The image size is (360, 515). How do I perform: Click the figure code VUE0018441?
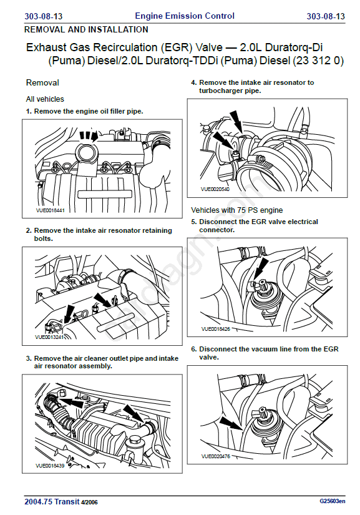point(50,210)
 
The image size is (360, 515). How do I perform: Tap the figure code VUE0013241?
point(49,337)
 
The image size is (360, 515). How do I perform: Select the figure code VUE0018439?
point(50,466)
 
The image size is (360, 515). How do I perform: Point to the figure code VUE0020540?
point(215,189)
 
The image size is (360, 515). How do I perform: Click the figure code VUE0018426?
point(216,328)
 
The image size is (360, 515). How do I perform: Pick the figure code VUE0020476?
point(216,456)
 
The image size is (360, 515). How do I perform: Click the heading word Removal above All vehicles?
point(42,82)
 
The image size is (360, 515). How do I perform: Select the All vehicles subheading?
point(45,99)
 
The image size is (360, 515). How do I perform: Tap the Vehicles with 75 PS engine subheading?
point(237,210)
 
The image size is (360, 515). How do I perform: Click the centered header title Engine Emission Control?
point(185,16)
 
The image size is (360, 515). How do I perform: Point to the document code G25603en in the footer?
point(333,501)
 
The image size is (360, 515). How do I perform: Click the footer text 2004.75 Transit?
point(52,501)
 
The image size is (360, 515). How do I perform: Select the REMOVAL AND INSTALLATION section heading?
point(86,29)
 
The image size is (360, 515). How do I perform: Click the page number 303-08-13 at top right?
point(326,16)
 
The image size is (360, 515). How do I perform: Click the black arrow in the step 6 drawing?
point(231,423)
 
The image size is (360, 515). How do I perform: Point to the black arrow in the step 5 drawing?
point(261,268)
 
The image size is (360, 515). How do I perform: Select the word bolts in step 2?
point(43,238)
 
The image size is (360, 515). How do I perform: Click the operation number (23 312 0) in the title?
point(318,61)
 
